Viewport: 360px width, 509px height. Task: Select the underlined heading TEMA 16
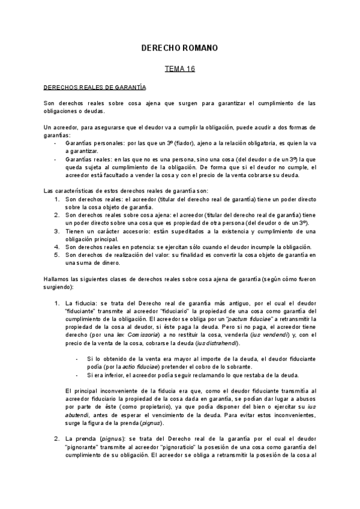coord(179,70)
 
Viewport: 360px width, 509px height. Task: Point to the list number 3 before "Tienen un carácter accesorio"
coord(56,231)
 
